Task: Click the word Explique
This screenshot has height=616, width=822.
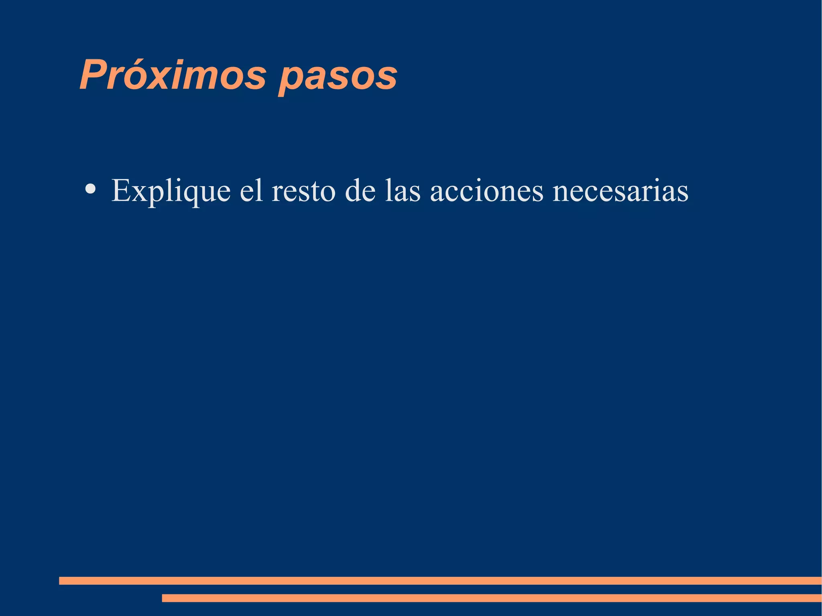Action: (171, 191)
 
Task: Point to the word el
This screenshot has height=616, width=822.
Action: (251, 190)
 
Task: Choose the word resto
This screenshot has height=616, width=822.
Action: (303, 191)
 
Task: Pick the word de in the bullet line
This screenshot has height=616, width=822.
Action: (360, 190)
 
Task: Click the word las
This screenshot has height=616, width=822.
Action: (403, 190)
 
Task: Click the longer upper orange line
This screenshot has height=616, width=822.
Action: (440, 581)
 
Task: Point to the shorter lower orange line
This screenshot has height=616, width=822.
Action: (491, 598)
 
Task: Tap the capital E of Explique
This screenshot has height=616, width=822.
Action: (120, 190)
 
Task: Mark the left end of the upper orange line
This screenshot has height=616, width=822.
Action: (60, 581)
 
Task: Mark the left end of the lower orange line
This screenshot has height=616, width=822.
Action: (163, 598)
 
